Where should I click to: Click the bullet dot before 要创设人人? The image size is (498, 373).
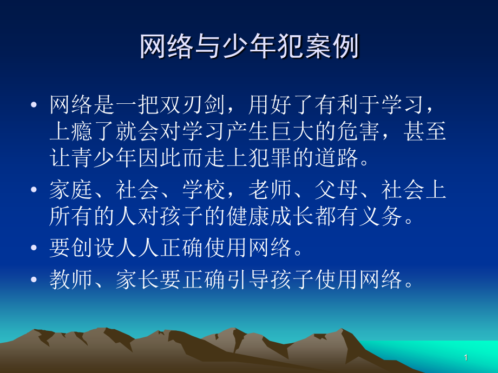[x=35, y=249]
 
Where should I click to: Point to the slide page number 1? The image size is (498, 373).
[x=466, y=358]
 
